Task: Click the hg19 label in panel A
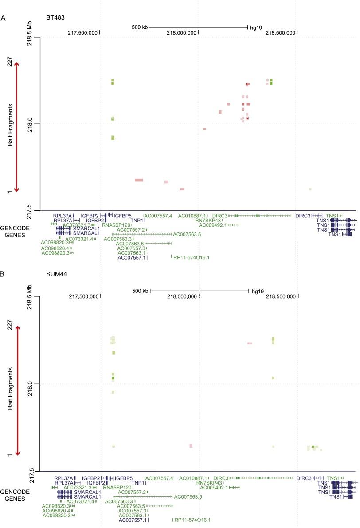(256, 28)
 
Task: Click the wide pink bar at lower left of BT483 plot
(139, 180)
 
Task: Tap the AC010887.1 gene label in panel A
(192, 216)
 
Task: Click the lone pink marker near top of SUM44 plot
(250, 343)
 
